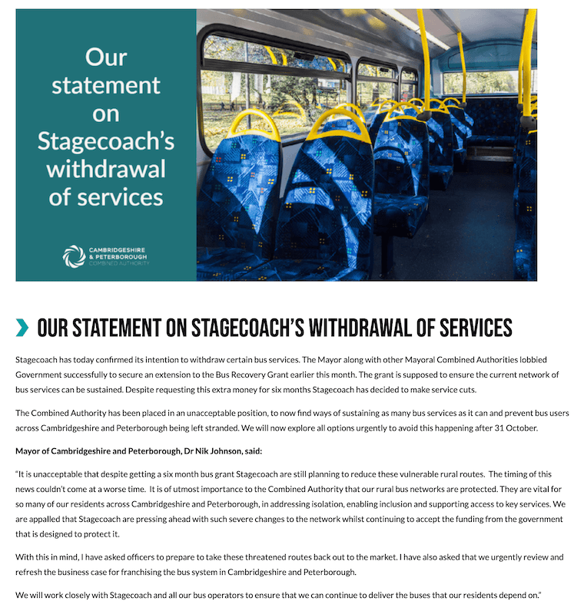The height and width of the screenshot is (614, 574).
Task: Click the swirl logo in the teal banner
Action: (x=75, y=256)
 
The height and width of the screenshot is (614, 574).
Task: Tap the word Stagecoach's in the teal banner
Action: (x=106, y=141)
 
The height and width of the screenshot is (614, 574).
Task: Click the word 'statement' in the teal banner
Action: (x=106, y=84)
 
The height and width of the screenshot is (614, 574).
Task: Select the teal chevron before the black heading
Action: (x=22, y=328)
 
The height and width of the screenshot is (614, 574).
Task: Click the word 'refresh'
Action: (x=31, y=570)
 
